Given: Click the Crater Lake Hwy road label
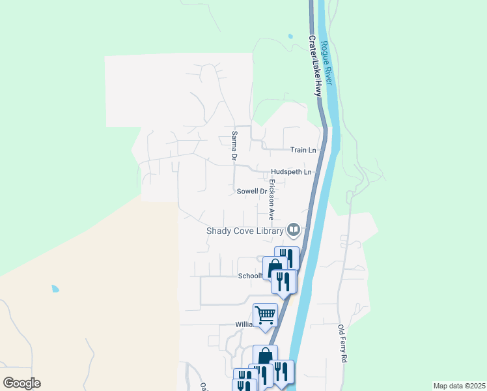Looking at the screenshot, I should [315, 66].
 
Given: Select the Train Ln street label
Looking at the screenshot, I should [303, 150].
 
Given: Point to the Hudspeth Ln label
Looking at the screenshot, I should [292, 172].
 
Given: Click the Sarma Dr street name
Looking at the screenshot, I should [233, 145].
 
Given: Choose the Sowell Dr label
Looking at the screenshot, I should [252, 192].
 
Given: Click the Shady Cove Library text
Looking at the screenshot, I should [245, 231].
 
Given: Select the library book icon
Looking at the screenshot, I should [294, 229].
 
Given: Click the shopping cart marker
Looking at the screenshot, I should [265, 315].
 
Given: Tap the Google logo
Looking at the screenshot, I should [21, 383].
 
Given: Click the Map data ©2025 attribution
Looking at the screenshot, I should [458, 386].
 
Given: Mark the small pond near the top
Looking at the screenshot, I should [289, 37].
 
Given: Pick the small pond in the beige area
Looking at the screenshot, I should [55, 288].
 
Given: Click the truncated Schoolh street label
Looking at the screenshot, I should [249, 276].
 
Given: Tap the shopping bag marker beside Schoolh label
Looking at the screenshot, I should [275, 268].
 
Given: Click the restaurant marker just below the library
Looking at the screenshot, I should [286, 256].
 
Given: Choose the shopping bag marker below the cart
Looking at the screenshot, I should [264, 357].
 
